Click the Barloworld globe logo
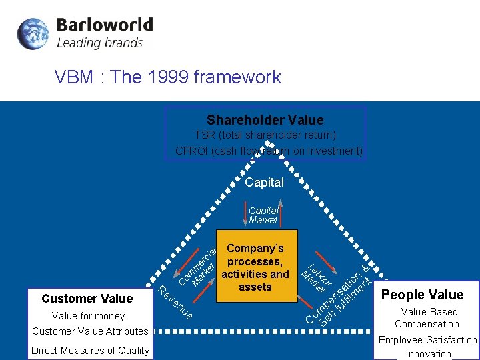click(x=33, y=34)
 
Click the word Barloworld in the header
click(x=105, y=25)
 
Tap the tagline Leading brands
click(x=100, y=43)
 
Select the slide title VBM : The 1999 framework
click(x=168, y=77)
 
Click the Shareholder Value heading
click(x=265, y=120)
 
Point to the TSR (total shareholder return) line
click(x=265, y=135)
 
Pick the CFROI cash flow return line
click(x=269, y=151)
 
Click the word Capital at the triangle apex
click(x=264, y=182)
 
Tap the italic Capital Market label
click(x=263, y=215)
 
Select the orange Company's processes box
click(x=255, y=267)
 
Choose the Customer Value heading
click(x=87, y=299)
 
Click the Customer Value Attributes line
click(x=90, y=331)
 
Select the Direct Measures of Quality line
click(x=90, y=351)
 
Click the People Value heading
click(x=422, y=295)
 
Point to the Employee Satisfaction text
click(x=427, y=340)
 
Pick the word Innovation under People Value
click(x=429, y=354)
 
